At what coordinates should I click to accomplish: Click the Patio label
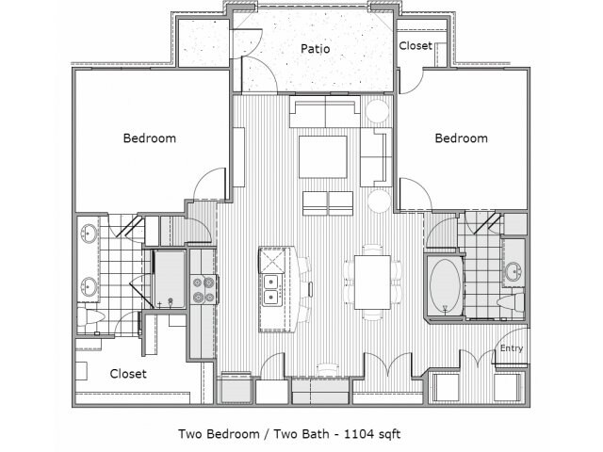tap(316, 49)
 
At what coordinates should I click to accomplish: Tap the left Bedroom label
tap(150, 138)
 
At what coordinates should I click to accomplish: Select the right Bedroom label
tap(461, 138)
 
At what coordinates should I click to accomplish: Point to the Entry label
tap(512, 348)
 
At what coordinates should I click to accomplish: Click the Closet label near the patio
tap(416, 46)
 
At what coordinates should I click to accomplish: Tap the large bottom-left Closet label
tap(128, 374)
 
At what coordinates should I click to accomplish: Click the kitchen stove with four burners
tap(204, 290)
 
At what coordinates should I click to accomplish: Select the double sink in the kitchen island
tap(271, 290)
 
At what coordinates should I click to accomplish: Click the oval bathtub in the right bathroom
tap(446, 285)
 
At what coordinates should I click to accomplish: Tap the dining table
tap(372, 282)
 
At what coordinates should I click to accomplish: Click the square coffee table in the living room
tap(323, 157)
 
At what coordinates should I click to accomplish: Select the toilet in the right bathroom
tap(511, 302)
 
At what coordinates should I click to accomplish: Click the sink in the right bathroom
tap(513, 272)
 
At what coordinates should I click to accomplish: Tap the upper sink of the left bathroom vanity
tap(90, 234)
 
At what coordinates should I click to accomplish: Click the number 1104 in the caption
tap(358, 434)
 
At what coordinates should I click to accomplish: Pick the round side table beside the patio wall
tap(377, 111)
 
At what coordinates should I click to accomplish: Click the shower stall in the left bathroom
tap(170, 279)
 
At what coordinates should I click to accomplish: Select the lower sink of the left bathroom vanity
tap(90, 286)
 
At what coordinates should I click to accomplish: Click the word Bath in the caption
tap(316, 434)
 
